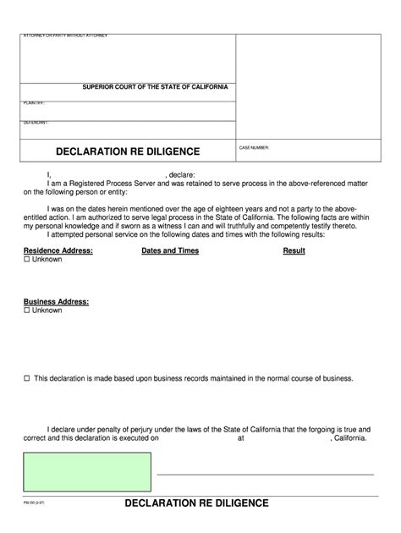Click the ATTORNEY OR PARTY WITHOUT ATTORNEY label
coord(65,35)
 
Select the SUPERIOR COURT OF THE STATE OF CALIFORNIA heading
coord(154,87)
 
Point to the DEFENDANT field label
coord(35,123)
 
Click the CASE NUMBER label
coord(254,147)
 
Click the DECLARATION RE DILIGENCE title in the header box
coord(128,152)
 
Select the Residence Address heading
coord(58,251)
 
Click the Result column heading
coord(294,251)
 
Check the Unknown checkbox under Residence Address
coord(27,261)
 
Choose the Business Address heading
coord(56,301)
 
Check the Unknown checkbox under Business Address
coord(27,310)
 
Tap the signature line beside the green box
coord(265,474)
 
